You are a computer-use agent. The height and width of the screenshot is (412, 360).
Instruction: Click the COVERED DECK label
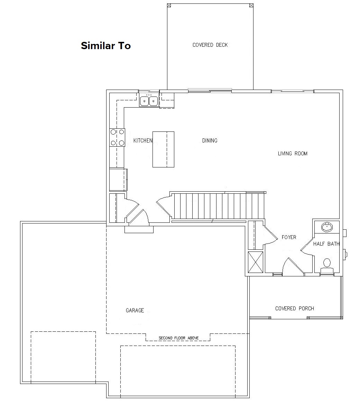(210, 45)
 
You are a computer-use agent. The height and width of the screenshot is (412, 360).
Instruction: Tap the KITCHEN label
(143, 140)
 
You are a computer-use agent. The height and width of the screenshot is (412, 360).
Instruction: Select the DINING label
(210, 140)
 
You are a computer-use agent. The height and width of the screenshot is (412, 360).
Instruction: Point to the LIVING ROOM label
(293, 154)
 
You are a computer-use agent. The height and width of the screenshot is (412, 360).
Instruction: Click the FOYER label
(289, 237)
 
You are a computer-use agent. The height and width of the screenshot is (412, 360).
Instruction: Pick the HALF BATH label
(326, 244)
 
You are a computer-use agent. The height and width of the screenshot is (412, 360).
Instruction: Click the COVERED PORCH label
(295, 309)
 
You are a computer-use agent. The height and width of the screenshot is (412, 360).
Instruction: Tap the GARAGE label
(135, 310)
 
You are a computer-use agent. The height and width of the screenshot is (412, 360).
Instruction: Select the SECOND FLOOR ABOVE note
(178, 338)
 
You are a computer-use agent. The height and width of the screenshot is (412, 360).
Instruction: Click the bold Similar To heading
(106, 46)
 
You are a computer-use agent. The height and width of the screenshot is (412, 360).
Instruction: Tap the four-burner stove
(117, 137)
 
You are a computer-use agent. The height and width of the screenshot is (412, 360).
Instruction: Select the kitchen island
(163, 149)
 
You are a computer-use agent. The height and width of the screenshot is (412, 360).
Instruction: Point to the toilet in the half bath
(327, 266)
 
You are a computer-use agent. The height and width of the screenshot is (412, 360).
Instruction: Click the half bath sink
(327, 227)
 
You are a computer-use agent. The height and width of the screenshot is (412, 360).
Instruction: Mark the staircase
(218, 206)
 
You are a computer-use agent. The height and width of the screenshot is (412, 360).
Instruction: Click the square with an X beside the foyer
(256, 262)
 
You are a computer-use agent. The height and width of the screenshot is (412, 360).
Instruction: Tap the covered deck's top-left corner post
(169, 5)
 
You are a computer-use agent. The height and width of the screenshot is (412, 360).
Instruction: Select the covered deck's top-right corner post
(251, 5)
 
